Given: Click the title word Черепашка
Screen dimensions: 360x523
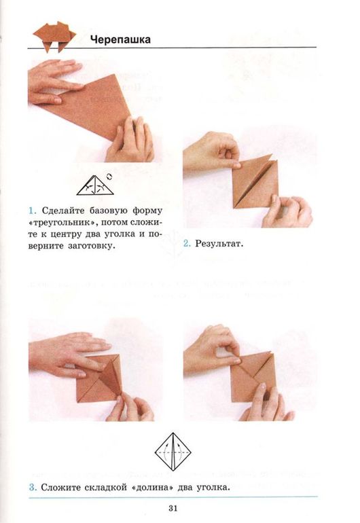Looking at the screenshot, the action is tap(120, 39).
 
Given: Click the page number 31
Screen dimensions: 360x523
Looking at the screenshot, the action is tap(173, 508).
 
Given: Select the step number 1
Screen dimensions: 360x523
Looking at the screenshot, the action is tap(32, 211).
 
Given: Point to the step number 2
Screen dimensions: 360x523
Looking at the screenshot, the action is tap(187, 243).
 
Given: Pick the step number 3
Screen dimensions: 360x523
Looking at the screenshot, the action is tap(33, 487).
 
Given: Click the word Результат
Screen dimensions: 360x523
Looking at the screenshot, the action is tap(219, 244).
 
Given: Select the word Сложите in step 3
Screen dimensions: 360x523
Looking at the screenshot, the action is tap(60, 487).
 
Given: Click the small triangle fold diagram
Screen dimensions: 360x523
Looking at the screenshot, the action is tap(95, 185).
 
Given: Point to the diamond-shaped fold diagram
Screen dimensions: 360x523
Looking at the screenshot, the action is tap(173, 452).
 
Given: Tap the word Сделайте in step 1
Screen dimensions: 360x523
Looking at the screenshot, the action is tap(63, 211).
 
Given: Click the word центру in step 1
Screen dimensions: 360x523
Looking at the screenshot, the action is tap(64, 234).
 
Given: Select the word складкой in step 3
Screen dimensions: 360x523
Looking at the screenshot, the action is tap(106, 488).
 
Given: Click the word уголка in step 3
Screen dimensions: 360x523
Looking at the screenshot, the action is tap(213, 488).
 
